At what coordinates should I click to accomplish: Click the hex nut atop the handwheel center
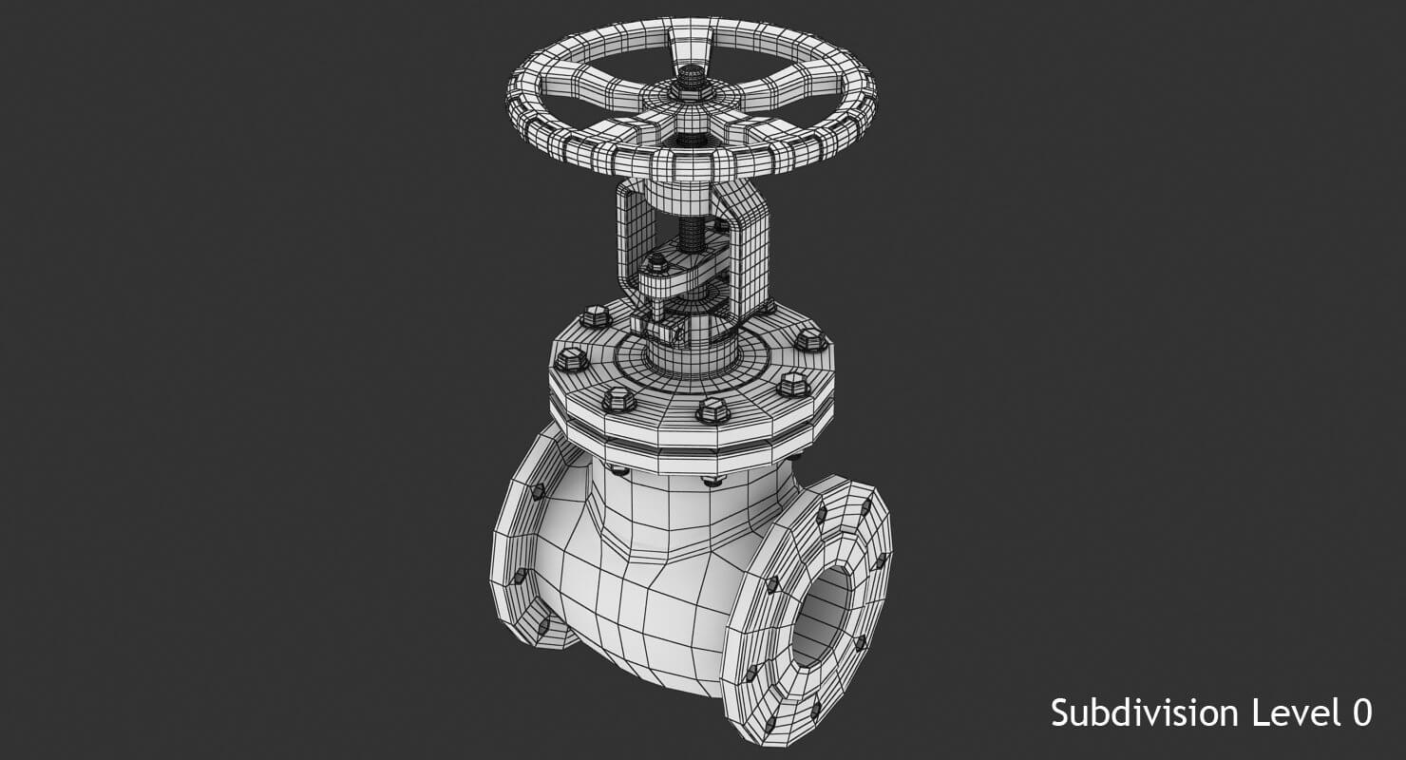pos(692,78)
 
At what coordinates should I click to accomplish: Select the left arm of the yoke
pos(633,237)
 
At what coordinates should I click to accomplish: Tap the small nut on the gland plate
pos(655,265)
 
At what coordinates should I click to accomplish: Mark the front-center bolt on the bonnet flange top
pos(712,410)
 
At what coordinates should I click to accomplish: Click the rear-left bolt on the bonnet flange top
pos(595,316)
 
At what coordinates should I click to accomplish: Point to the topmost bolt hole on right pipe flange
pos(821,514)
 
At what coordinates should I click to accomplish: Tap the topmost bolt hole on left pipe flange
pos(537,491)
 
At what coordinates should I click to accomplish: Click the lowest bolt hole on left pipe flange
pos(542,625)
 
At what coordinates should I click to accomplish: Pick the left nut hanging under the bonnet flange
pos(618,468)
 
